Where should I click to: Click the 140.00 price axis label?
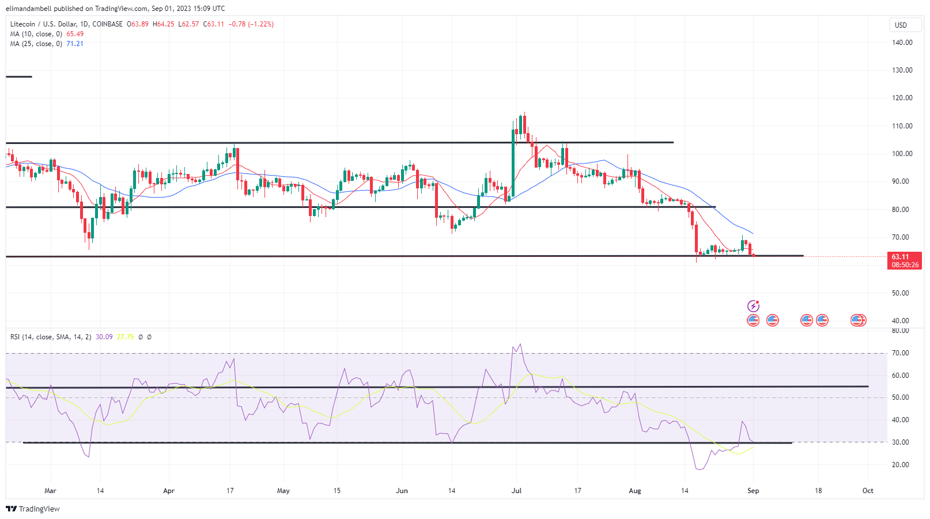[x=902, y=43]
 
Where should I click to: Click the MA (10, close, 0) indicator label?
[x=36, y=34]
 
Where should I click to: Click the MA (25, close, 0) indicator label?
[x=36, y=44]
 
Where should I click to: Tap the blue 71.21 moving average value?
[x=75, y=44]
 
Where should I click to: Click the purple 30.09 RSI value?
[x=104, y=337]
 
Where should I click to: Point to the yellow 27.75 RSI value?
[x=125, y=337]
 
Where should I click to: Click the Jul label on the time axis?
[x=516, y=491]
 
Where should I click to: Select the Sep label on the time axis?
[x=753, y=491]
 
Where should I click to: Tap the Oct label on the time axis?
[x=868, y=491]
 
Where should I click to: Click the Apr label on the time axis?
[x=169, y=491]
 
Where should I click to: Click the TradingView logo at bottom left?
[x=33, y=509]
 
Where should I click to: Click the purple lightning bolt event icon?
[x=753, y=306]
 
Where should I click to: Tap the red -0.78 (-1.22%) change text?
[x=251, y=24]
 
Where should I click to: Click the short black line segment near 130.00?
[x=19, y=77]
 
